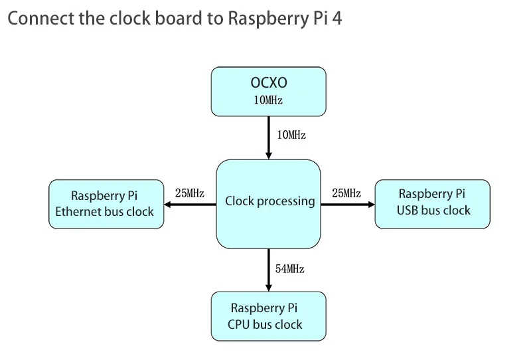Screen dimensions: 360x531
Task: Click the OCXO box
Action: (x=268, y=90)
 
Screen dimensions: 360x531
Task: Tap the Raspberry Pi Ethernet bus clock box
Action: (x=106, y=204)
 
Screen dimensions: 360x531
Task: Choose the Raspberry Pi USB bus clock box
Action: (x=433, y=203)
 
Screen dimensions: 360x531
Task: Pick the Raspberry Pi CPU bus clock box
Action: (x=268, y=316)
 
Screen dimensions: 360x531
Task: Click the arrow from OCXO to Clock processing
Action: (x=268, y=137)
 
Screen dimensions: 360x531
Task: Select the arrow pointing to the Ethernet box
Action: (x=190, y=204)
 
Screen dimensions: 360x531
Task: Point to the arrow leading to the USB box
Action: (x=348, y=204)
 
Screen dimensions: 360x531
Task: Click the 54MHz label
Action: (x=290, y=269)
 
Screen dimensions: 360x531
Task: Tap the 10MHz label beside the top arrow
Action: (x=291, y=135)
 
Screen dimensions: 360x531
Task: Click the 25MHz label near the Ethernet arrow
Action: (x=189, y=193)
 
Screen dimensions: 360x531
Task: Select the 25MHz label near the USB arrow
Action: (x=346, y=193)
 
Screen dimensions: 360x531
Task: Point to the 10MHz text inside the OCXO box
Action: (x=268, y=100)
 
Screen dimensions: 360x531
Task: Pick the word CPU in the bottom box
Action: (x=239, y=324)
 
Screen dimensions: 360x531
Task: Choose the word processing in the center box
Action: (x=287, y=201)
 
